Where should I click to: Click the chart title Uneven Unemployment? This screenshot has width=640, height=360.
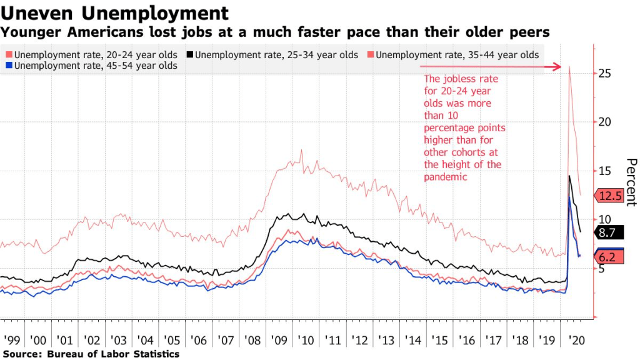click(114, 12)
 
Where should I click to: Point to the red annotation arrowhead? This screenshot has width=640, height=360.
click(557, 66)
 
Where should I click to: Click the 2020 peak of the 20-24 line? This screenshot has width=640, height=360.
click(569, 67)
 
